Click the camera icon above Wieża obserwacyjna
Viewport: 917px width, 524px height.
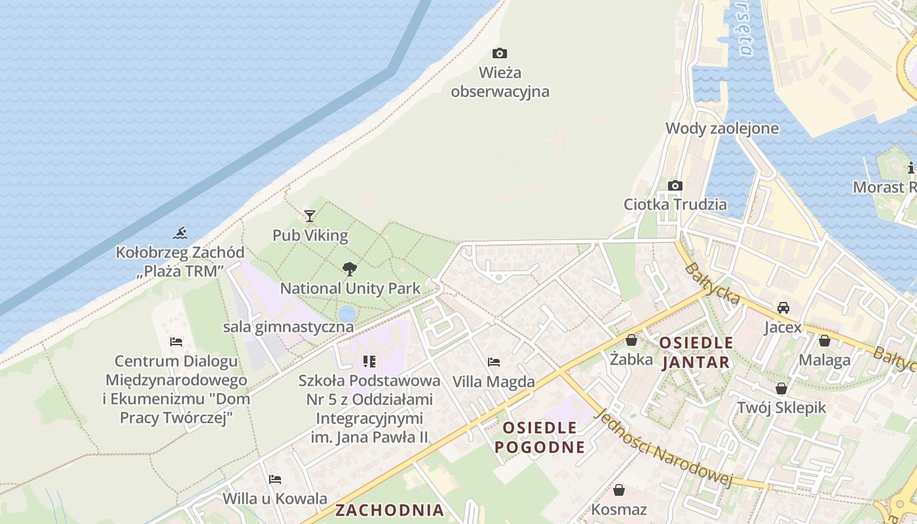500,53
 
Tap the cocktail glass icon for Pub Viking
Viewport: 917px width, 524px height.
310,215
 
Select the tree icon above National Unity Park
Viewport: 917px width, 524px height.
350,268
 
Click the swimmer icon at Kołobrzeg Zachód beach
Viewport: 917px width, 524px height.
180,233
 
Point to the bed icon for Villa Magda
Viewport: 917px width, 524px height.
494,362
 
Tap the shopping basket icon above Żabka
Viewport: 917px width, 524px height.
631,340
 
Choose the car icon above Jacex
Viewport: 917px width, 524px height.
783,307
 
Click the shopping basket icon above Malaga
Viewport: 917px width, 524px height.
825,341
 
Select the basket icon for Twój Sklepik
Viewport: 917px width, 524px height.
781,388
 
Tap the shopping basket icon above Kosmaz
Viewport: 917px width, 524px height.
619,490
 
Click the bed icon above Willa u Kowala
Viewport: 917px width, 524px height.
275,479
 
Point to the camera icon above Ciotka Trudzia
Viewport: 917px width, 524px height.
675,185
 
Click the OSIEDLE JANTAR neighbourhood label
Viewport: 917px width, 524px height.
696,352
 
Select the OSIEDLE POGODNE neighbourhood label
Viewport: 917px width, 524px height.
539,438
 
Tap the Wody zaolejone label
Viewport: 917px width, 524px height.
722,128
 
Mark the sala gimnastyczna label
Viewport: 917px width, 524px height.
288,327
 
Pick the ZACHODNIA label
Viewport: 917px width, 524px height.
390,510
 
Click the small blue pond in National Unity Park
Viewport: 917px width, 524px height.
347,312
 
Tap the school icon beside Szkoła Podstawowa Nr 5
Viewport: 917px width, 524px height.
369,362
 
